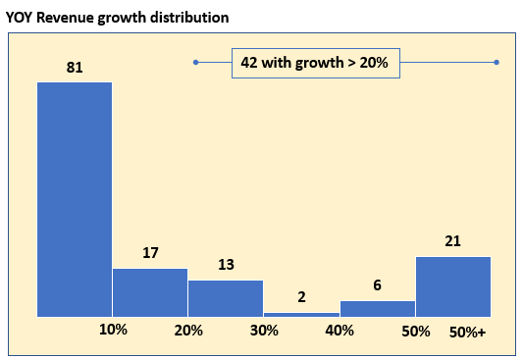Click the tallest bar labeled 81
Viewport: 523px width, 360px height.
pos(75,199)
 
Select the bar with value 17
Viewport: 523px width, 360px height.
pos(150,292)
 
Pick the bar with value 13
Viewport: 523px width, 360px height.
pos(226,298)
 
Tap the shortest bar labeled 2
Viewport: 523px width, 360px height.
pos(301,315)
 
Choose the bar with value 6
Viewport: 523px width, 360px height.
pos(378,309)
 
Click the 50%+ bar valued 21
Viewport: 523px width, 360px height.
pos(453,286)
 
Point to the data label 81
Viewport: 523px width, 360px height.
pos(75,68)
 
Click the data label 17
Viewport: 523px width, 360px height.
pos(150,253)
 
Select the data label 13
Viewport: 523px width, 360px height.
pos(226,265)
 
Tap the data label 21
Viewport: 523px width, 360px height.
pos(452,241)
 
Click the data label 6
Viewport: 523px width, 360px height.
pos(377,285)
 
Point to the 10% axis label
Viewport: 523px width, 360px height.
pos(113,330)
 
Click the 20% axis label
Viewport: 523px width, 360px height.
pos(188,331)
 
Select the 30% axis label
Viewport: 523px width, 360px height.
pos(264,331)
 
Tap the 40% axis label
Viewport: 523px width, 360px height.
pos(340,331)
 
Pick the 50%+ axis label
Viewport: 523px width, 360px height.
pos(467,332)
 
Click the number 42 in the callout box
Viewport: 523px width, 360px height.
pos(249,63)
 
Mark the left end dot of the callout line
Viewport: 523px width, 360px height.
pos(196,63)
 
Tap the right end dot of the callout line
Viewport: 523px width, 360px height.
pos(497,63)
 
